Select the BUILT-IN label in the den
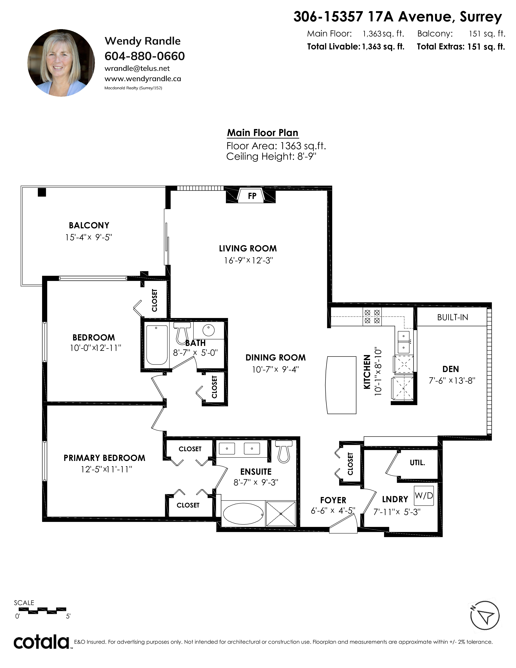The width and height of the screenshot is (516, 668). point(452,317)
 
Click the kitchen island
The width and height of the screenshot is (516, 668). point(341,385)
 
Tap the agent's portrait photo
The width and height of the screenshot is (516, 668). point(61,63)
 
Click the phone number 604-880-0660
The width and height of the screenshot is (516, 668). point(145,56)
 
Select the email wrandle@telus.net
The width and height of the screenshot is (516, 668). point(137,68)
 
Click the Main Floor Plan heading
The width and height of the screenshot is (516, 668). point(263,133)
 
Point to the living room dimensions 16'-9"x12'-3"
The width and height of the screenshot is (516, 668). point(248,260)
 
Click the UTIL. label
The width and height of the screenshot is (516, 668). point(417,463)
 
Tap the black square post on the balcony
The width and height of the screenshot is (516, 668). point(42,192)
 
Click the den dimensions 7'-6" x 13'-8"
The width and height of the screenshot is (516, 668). point(452,381)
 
